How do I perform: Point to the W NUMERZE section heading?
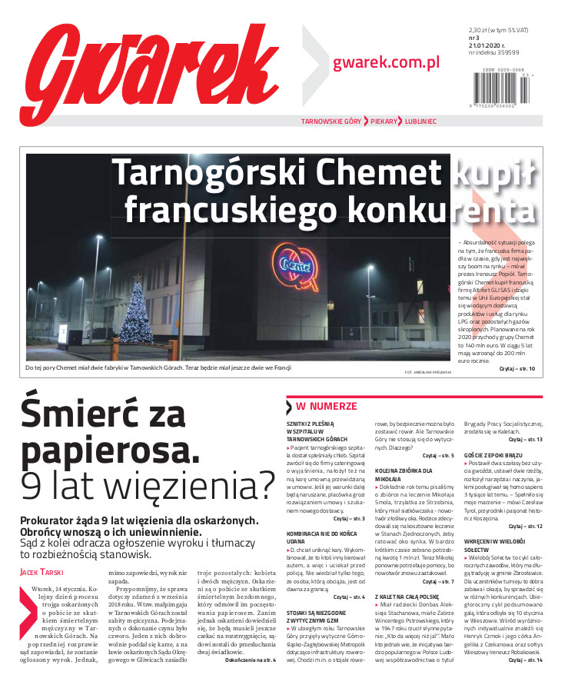coord(326,405)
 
